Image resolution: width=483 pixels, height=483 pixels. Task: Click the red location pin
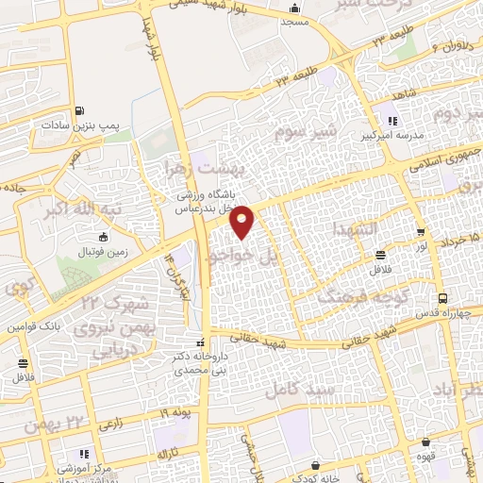[242, 222]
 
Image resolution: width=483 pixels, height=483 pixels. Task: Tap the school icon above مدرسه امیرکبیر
[393, 120]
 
